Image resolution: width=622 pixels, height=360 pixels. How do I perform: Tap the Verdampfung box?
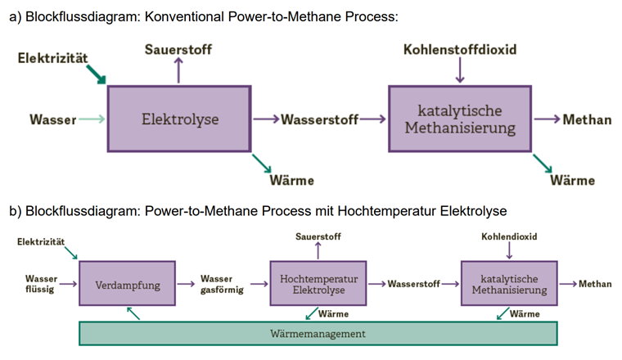(x=127, y=285)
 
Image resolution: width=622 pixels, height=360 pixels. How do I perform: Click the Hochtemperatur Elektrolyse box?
(x=318, y=285)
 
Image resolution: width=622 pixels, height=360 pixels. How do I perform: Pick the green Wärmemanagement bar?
(x=318, y=334)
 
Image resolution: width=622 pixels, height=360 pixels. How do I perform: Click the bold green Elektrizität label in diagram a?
(x=54, y=58)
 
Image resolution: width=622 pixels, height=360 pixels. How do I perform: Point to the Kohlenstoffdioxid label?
(x=460, y=50)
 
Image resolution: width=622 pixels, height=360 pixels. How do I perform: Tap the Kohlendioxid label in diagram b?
(x=509, y=236)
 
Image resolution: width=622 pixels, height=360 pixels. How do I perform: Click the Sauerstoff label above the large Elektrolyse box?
(x=178, y=50)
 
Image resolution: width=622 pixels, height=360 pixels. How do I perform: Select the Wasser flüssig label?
(x=40, y=285)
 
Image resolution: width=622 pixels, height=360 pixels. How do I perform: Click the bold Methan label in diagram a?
(x=587, y=120)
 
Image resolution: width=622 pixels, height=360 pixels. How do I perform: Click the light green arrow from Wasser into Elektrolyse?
(x=92, y=119)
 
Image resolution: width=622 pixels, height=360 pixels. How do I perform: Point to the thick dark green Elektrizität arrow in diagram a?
(x=97, y=76)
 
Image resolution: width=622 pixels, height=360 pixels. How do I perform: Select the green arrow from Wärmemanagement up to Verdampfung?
(x=133, y=313)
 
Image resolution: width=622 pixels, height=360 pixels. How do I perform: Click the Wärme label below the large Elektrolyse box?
(x=292, y=180)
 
